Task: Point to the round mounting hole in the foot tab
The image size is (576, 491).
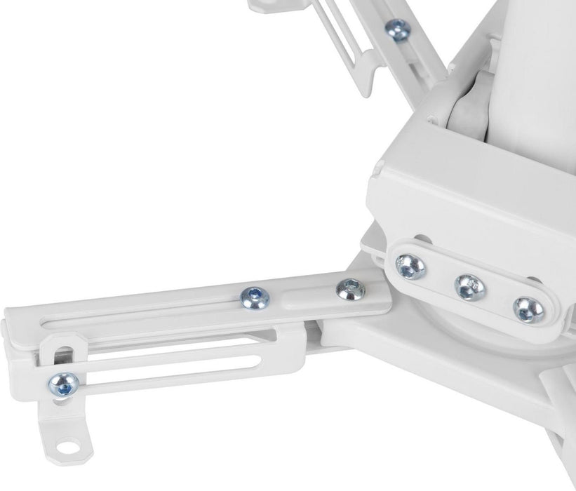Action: coord(67,445)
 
